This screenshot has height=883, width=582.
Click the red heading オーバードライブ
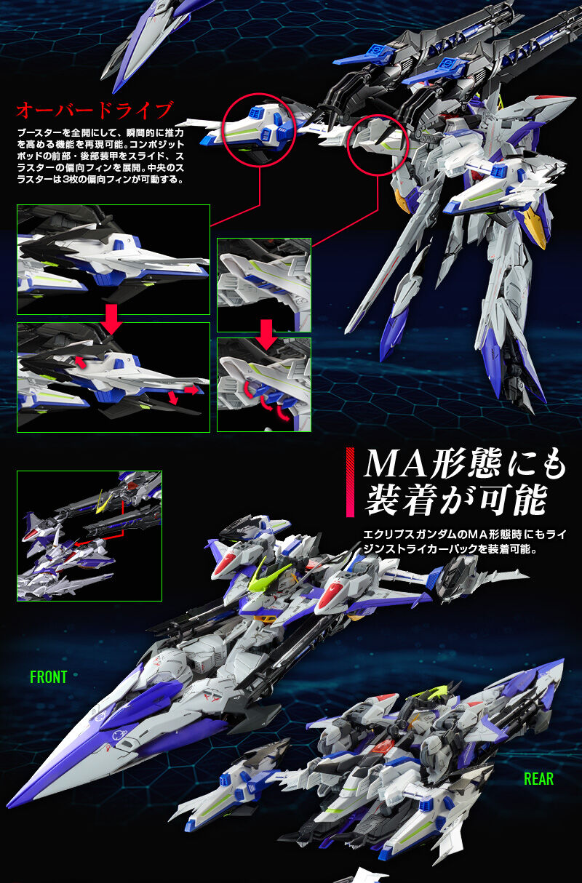click(x=95, y=111)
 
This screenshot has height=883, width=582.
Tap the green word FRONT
click(x=48, y=677)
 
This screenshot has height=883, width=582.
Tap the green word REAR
click(x=538, y=779)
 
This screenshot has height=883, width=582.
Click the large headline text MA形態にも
click(x=463, y=463)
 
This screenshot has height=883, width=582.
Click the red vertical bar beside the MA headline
click(x=350, y=482)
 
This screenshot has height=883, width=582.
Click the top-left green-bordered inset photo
click(x=113, y=259)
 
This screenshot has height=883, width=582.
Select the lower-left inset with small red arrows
click(x=113, y=377)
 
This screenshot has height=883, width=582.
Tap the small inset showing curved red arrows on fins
click(x=263, y=385)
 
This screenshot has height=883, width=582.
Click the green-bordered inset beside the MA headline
click(x=89, y=535)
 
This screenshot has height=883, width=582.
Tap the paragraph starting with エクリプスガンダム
click(x=464, y=540)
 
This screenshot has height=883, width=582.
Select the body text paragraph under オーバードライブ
click(x=100, y=156)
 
